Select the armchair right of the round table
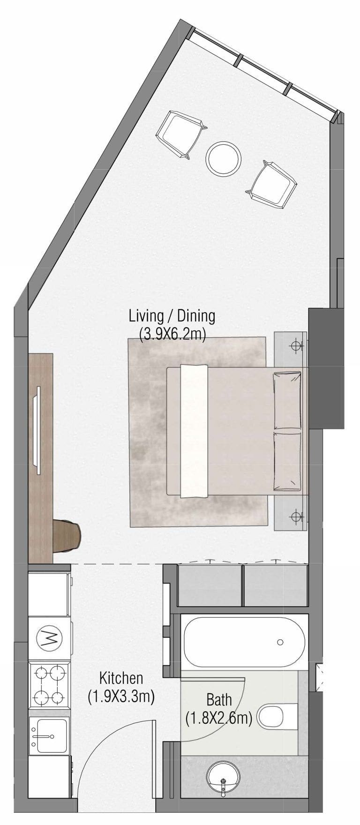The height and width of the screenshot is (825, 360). (x=271, y=184)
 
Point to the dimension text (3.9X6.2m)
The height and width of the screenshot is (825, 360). (x=172, y=334)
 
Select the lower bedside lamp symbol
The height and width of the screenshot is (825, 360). (x=295, y=517)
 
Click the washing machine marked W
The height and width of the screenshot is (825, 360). (x=50, y=638)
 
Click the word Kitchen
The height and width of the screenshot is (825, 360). (x=120, y=678)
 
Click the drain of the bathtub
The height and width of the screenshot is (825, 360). (x=280, y=642)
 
